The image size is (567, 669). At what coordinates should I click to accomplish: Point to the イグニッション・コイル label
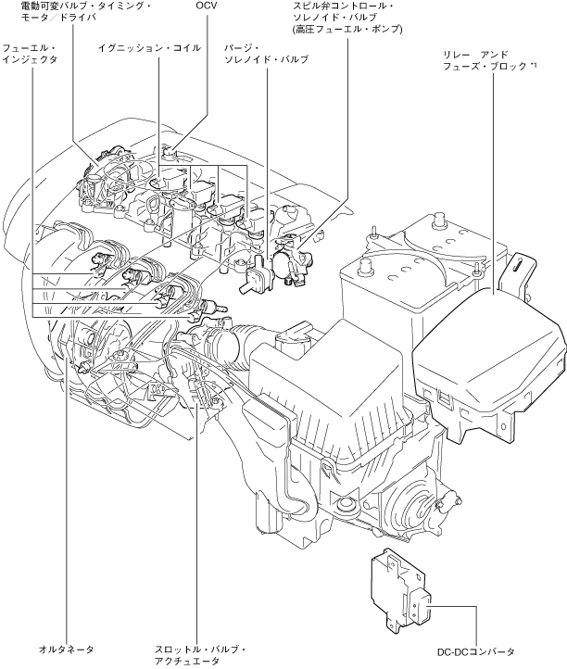click(149, 46)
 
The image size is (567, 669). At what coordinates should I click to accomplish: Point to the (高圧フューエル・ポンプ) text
click(347, 30)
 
